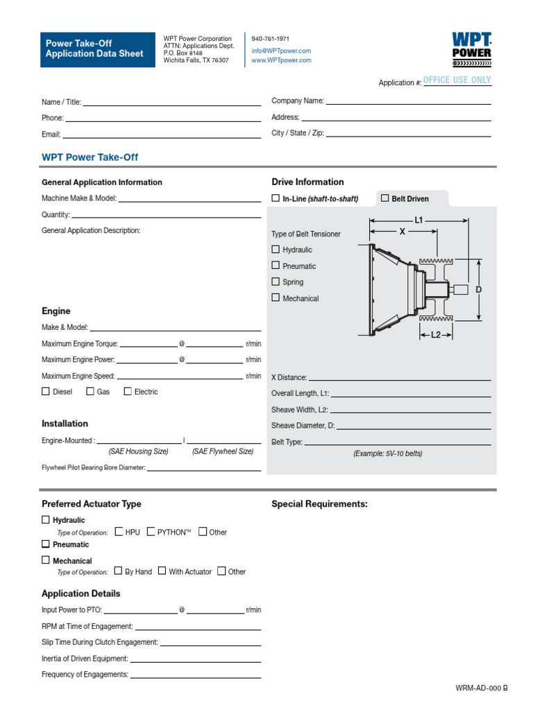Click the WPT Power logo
click(471, 48)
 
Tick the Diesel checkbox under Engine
click(46, 391)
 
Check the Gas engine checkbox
click(90, 391)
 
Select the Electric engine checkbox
click(128, 391)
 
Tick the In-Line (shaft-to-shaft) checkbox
click(276, 198)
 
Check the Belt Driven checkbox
click(385, 198)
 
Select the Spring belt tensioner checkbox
click(276, 282)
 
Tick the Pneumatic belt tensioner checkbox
click(276, 266)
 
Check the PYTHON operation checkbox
click(151, 532)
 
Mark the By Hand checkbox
click(119, 571)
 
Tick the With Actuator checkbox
click(162, 571)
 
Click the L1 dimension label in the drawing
click(418, 220)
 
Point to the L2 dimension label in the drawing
click(436, 335)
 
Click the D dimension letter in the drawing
click(478, 289)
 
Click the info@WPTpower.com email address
click(281, 51)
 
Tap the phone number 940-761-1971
click(270, 39)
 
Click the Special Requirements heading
click(319, 504)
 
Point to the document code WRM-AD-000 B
click(482, 688)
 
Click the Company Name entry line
click(408, 101)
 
